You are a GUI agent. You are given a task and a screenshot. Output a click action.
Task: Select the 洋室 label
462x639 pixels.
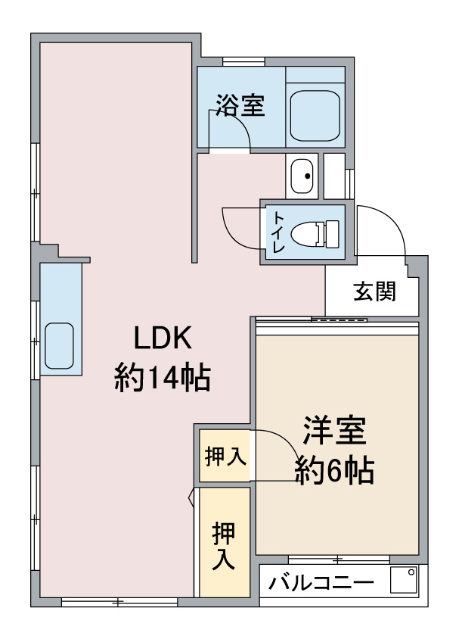point(335,431)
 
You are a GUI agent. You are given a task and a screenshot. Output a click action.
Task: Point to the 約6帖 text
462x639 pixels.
point(334,471)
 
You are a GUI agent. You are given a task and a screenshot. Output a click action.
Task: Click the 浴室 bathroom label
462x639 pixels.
point(240,105)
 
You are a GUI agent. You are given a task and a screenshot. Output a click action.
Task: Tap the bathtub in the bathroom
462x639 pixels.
point(315,114)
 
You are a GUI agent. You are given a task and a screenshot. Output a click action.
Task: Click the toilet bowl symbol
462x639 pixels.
point(315,232)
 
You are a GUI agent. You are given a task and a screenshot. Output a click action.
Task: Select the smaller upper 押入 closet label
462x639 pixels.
point(224,457)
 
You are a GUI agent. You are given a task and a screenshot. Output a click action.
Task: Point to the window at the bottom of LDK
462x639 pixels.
point(119,603)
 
